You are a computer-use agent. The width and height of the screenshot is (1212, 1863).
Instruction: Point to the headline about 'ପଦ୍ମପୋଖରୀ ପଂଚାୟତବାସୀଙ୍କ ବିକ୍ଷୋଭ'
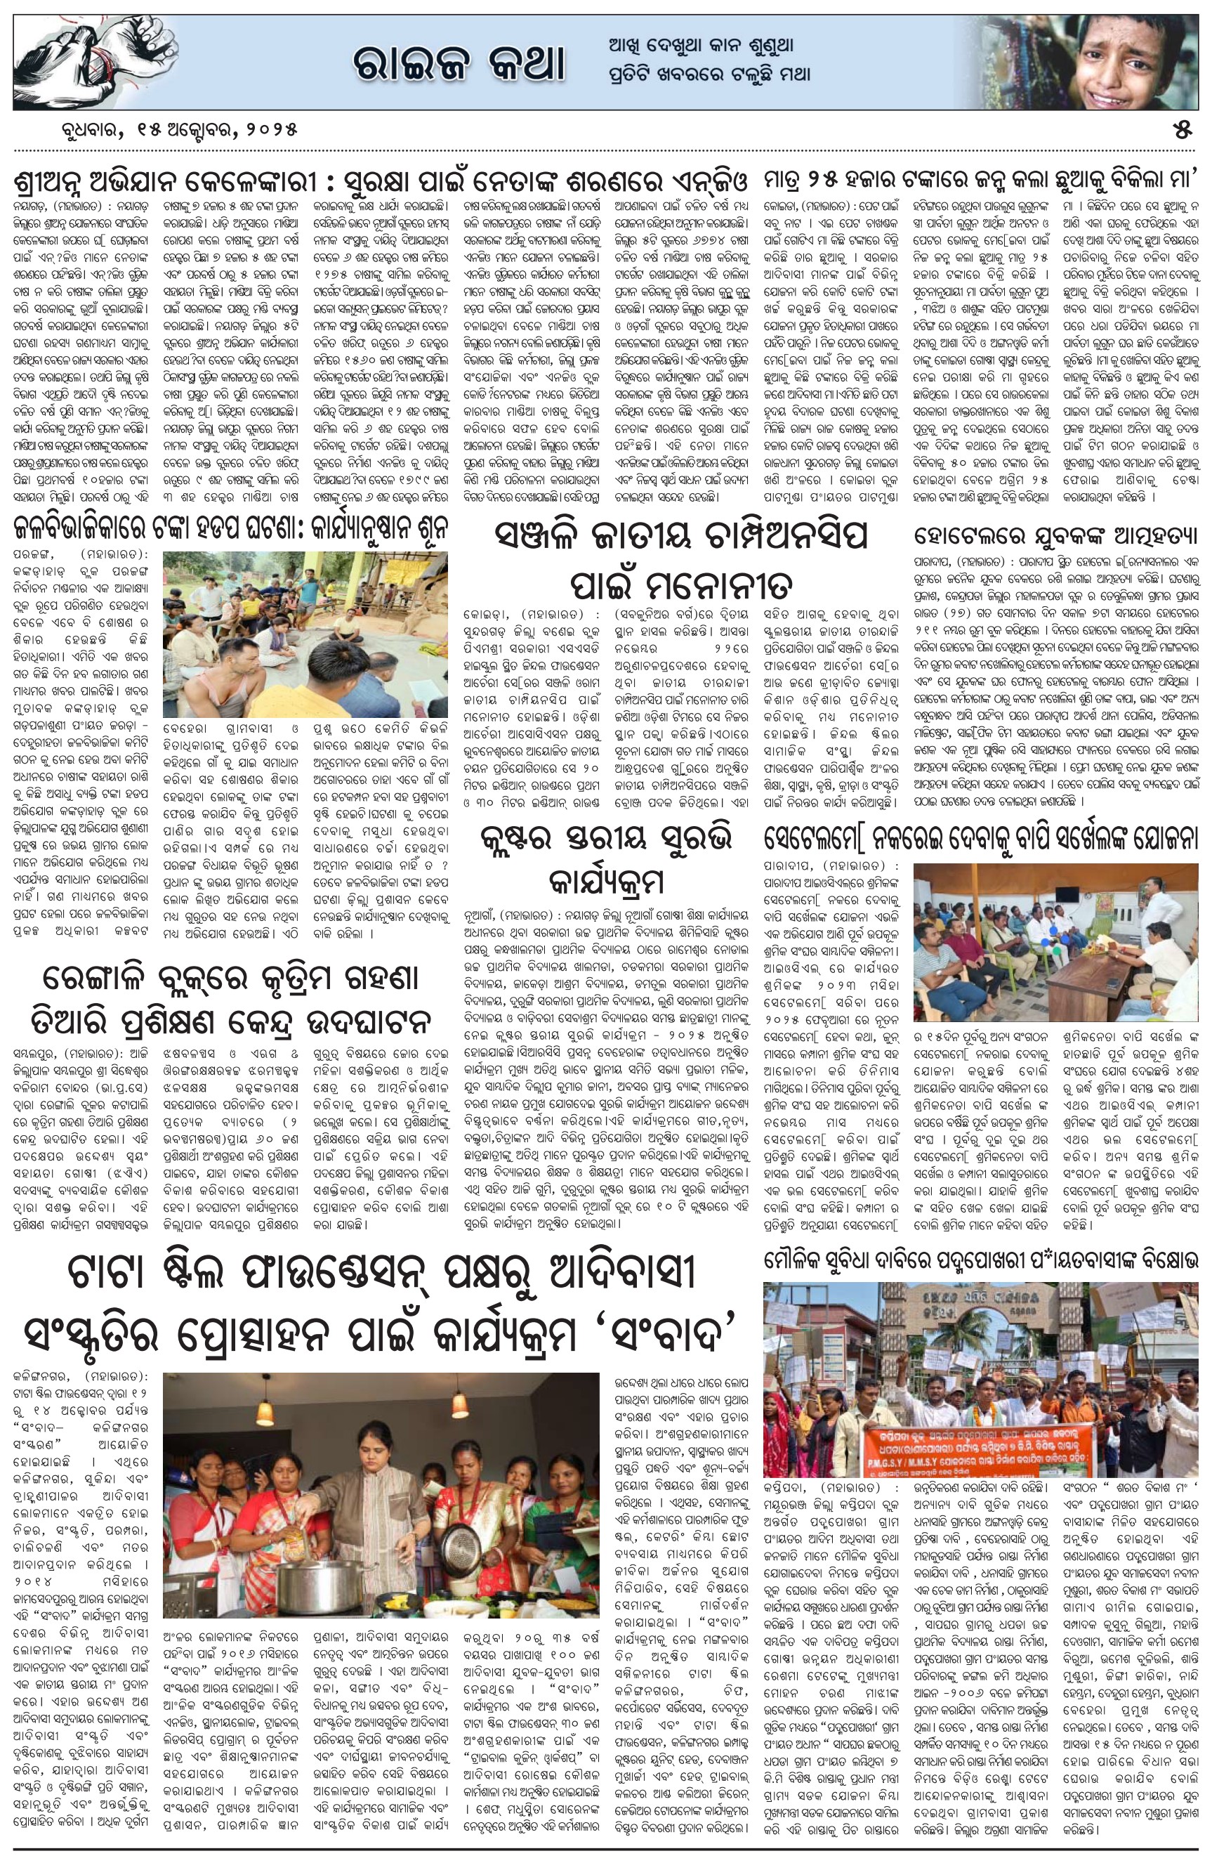[x=982, y=1261]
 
